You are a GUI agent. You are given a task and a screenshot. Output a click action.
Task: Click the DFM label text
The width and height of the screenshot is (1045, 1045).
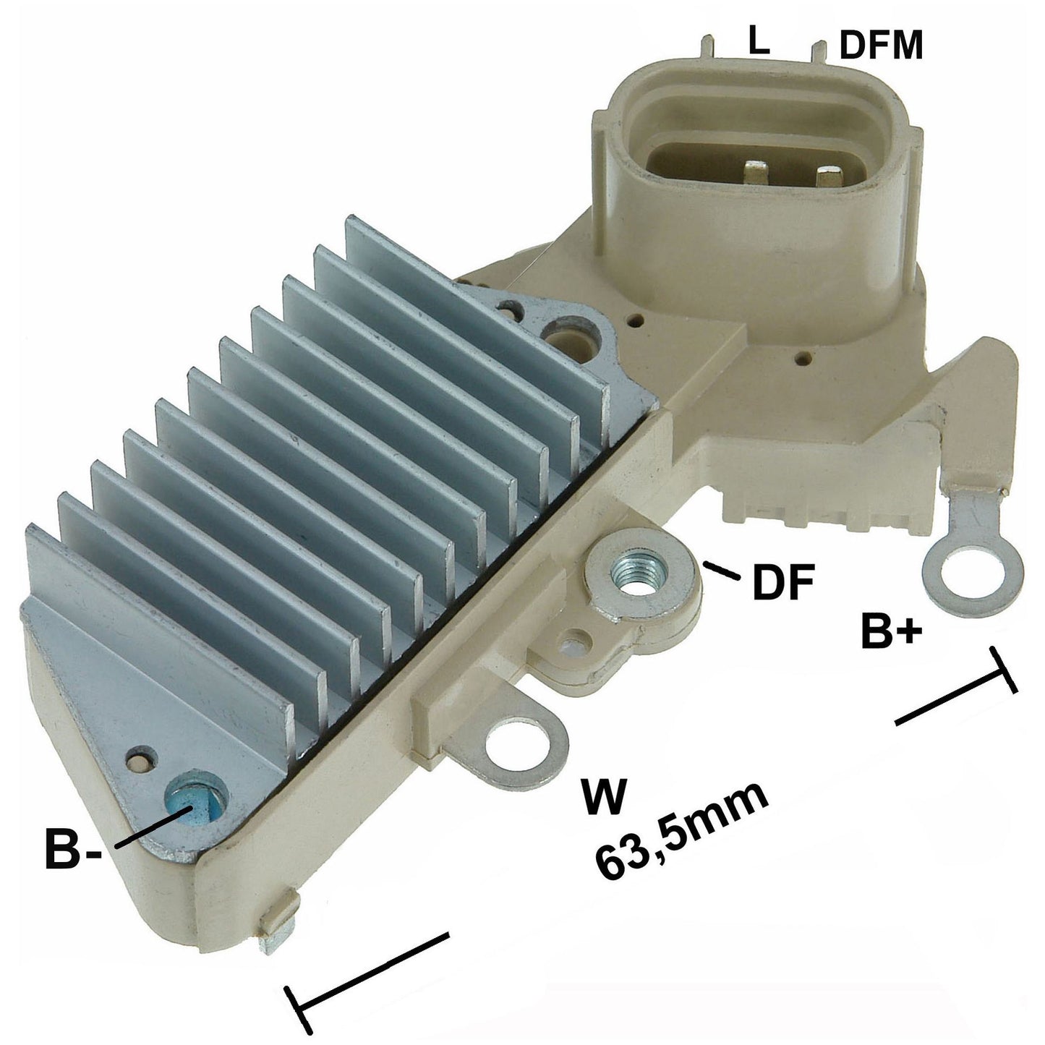881,45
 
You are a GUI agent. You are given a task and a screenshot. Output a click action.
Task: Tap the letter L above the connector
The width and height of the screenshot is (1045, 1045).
759,41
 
